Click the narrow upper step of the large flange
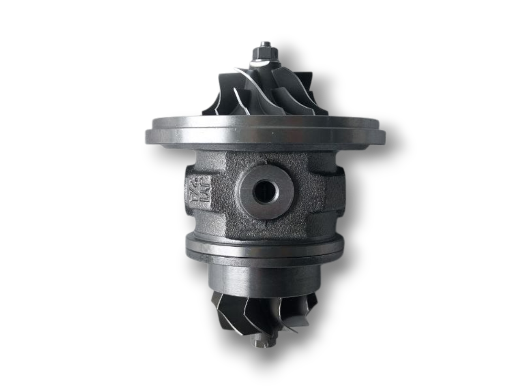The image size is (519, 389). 264,121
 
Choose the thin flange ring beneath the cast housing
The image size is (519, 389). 264,248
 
